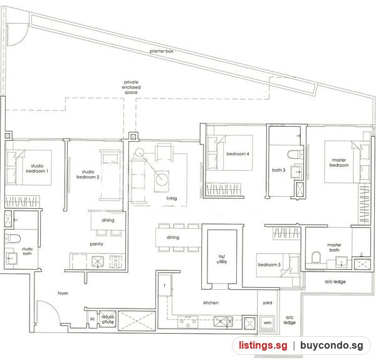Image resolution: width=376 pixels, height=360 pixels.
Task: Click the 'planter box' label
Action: point(162,51)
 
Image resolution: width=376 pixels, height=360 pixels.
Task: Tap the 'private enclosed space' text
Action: point(131,87)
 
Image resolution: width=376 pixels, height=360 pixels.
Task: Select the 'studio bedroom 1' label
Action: point(37,169)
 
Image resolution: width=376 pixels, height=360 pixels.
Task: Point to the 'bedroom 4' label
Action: point(238,154)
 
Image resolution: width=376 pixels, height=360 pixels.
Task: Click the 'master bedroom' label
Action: point(339,162)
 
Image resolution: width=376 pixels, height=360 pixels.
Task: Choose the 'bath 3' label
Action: point(279,170)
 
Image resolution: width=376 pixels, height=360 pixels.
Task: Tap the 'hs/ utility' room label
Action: point(222,259)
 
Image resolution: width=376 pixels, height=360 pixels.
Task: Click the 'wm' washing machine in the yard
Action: point(268,322)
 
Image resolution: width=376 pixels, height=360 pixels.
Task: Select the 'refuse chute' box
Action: point(108,319)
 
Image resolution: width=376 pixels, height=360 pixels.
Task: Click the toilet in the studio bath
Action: point(13,238)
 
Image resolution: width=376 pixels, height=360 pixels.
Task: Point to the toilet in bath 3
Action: point(295,154)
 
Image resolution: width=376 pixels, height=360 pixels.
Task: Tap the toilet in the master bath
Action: point(316,257)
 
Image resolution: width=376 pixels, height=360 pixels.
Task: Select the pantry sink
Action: point(98,262)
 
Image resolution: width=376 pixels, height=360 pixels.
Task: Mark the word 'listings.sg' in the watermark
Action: point(263,346)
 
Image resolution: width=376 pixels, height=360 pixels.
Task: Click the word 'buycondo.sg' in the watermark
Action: point(332,346)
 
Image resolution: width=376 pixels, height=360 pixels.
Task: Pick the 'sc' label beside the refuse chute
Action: point(92,319)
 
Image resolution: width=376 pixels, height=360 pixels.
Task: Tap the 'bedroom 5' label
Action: point(269,265)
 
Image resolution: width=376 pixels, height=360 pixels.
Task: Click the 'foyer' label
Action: point(63,293)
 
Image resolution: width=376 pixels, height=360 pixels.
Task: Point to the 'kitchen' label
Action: point(211,303)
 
